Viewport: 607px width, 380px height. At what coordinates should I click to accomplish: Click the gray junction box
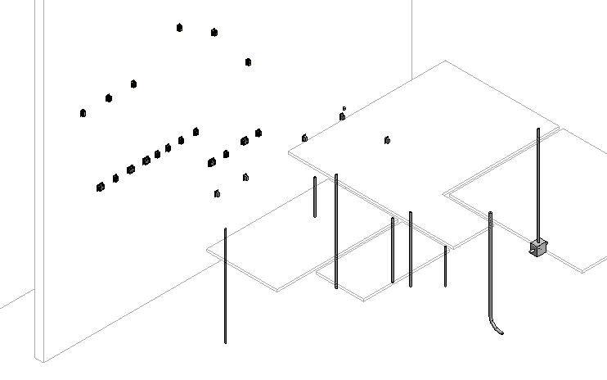[x=537, y=246]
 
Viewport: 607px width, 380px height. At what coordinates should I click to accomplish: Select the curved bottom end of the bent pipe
[x=497, y=330]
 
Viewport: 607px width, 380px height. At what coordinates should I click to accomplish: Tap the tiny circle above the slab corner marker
[x=344, y=107]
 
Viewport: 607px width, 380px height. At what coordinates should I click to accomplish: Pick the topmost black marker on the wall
[x=179, y=28]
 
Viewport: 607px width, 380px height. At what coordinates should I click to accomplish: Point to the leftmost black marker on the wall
[x=83, y=113]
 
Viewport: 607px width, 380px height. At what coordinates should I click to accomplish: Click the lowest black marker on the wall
[x=217, y=194]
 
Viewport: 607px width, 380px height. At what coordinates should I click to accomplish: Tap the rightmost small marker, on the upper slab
[x=387, y=140]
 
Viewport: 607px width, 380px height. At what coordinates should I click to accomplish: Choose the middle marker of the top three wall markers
[x=214, y=33]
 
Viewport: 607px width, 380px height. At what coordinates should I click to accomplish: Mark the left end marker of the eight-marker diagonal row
[x=100, y=187]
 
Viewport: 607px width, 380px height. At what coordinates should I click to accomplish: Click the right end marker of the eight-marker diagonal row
[x=196, y=131]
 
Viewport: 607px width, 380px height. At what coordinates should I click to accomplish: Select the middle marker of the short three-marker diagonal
[x=108, y=98]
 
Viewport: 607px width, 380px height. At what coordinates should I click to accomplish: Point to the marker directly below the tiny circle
[x=342, y=117]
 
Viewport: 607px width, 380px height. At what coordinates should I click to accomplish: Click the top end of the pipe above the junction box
[x=538, y=129]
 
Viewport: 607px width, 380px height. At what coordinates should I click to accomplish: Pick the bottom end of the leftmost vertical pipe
[x=225, y=342]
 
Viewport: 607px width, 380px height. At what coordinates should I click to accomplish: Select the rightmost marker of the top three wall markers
[x=248, y=61]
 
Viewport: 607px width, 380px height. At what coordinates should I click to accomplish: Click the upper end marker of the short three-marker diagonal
[x=133, y=84]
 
